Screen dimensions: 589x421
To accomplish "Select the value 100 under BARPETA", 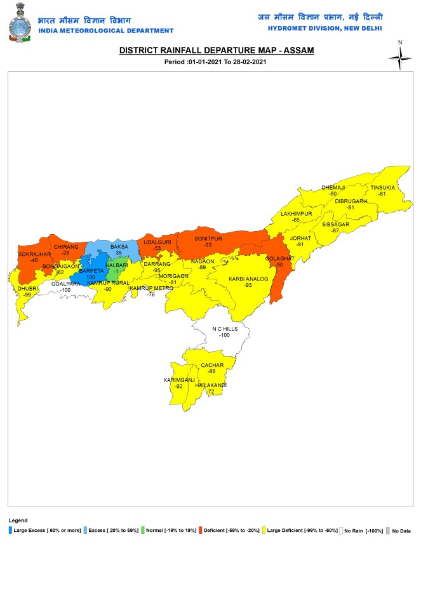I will [90, 277].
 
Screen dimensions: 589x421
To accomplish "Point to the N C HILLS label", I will [224, 328].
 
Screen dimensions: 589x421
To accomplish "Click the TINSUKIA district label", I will [382, 187].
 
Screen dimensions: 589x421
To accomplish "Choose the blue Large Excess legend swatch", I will [11, 529].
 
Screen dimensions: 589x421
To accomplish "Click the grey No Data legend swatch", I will [387, 529].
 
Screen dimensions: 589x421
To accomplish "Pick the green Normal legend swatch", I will [142, 529].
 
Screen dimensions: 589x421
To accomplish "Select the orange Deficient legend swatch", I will [200, 529].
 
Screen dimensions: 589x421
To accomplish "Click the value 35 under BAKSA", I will [119, 253].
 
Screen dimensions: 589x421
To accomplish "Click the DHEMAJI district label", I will [333, 188].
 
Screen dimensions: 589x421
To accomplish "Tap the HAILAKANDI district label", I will [211, 386].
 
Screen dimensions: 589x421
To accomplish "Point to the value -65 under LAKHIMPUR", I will [296, 220].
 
